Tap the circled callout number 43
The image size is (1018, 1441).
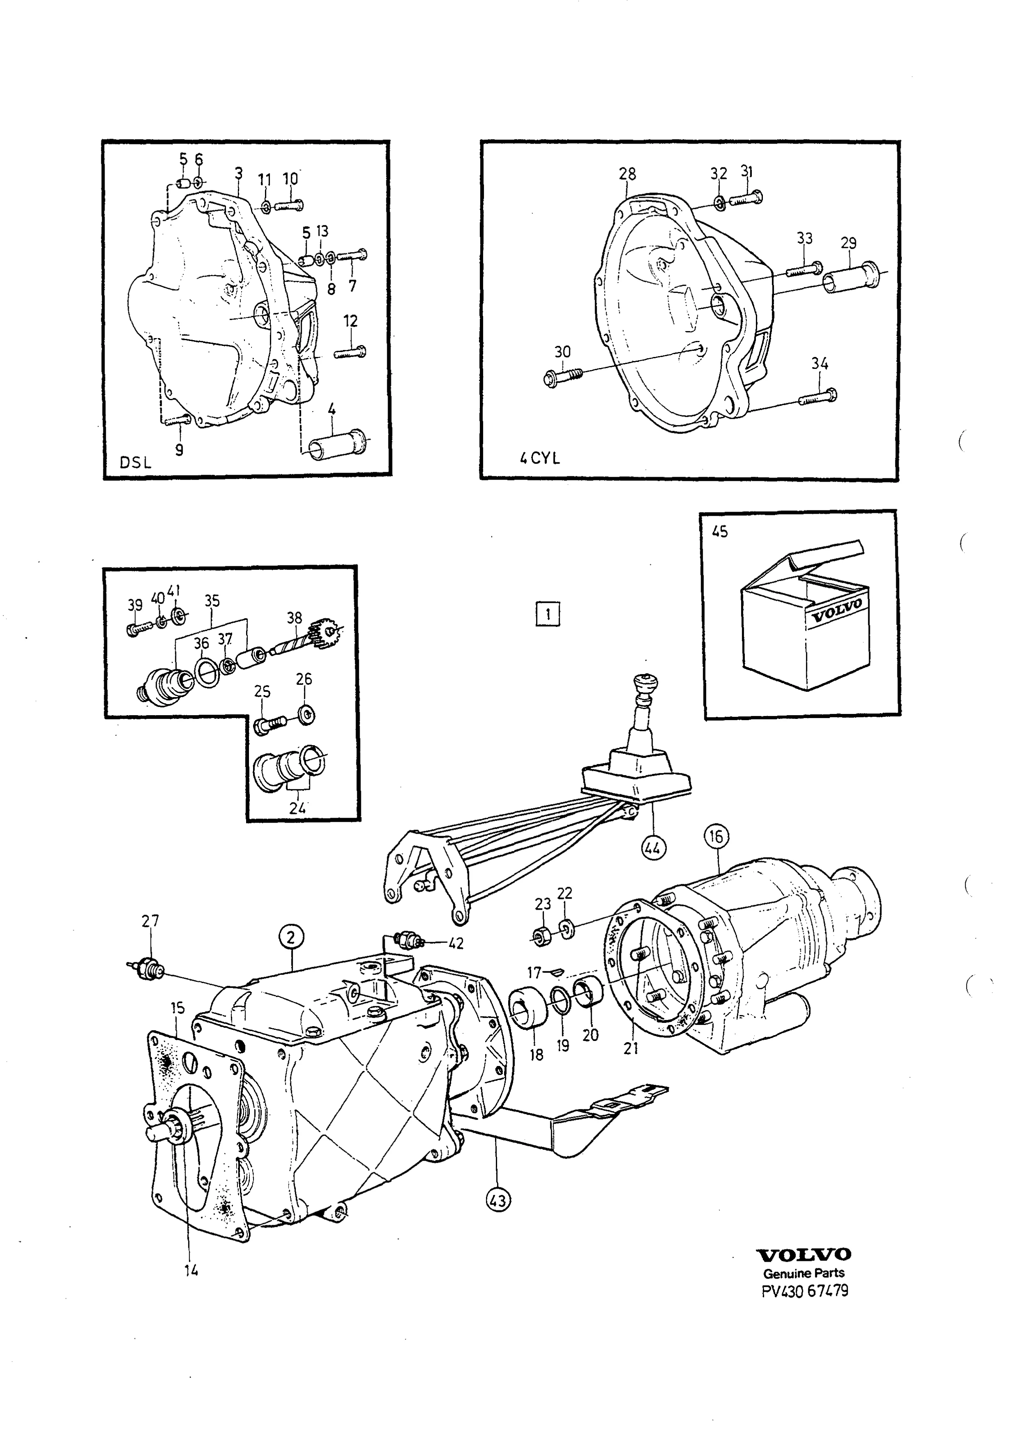pyautogui.click(x=499, y=1201)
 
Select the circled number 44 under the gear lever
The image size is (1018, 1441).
pyautogui.click(x=653, y=849)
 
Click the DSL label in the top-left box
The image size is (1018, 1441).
pyautogui.click(x=135, y=464)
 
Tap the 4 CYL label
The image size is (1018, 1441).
pyautogui.click(x=539, y=459)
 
